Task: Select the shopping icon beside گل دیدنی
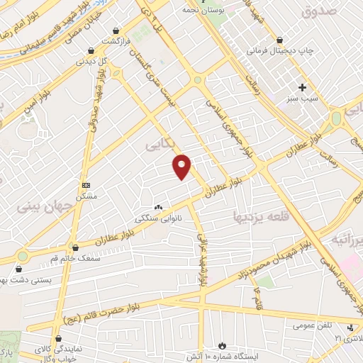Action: pos(91,51)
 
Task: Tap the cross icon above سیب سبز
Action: pos(303,88)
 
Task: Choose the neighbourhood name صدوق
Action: pos(317,12)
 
